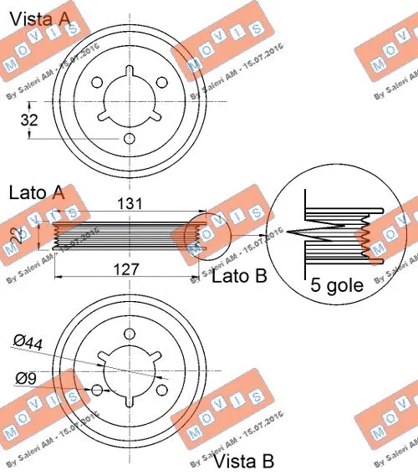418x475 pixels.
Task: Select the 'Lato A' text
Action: coord(36,193)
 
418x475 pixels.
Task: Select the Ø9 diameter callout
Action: coord(27,378)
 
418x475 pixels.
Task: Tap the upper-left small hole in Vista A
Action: coord(97,83)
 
